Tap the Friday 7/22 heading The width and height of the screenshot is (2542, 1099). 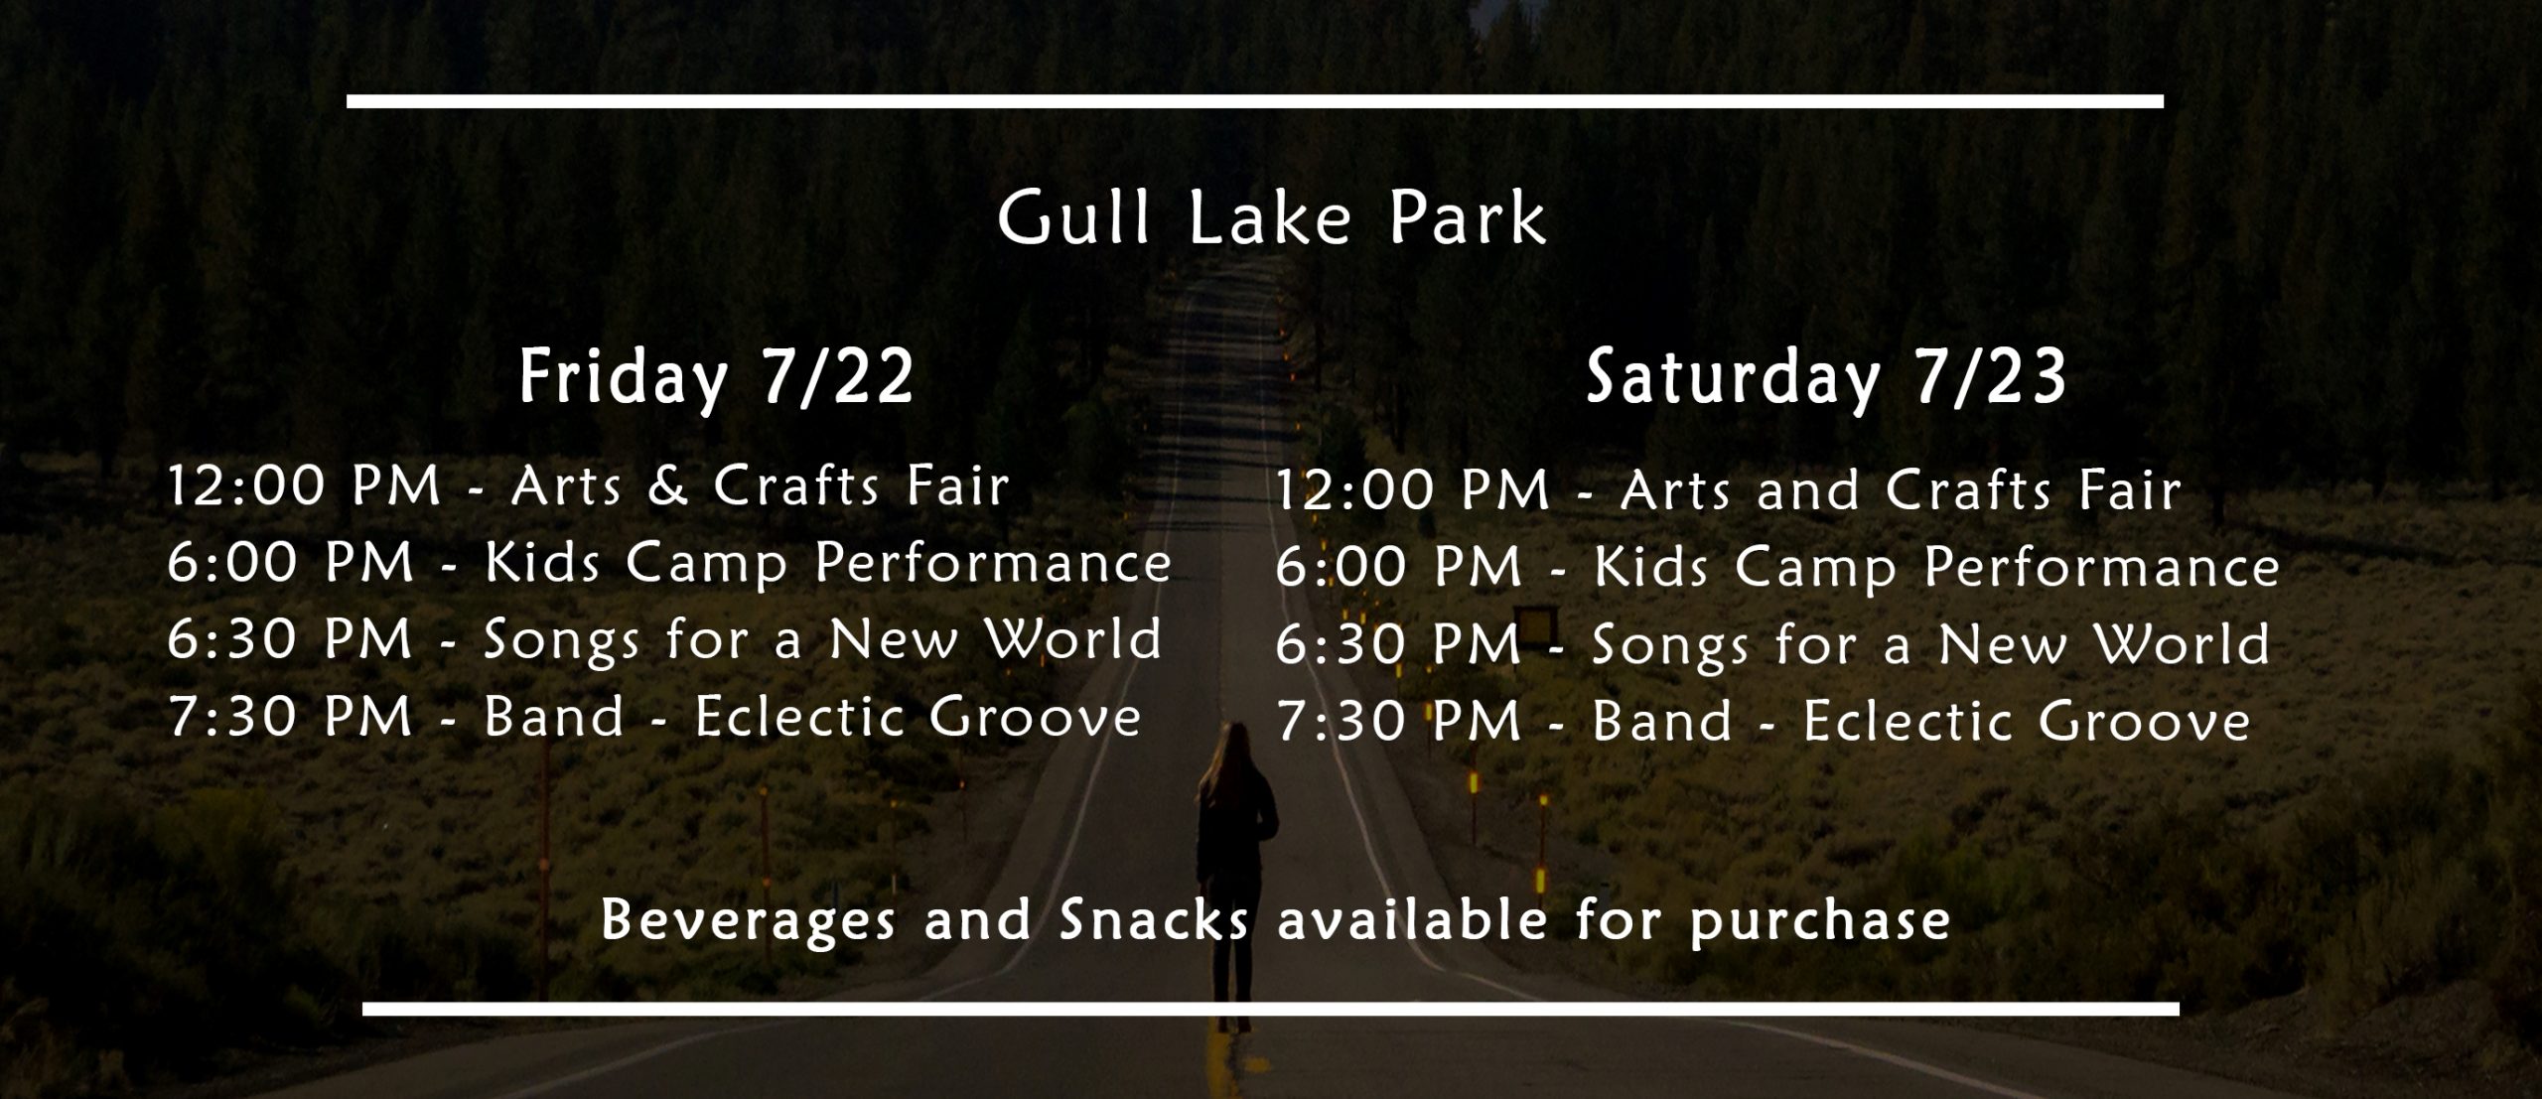[716, 378]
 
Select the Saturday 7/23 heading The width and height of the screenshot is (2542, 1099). [1825, 378]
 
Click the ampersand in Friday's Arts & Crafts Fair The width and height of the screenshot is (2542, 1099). [666, 485]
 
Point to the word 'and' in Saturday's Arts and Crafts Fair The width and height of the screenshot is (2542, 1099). [1807, 490]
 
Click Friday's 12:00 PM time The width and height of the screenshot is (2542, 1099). [304, 486]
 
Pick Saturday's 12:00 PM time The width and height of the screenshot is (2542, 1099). [1412, 490]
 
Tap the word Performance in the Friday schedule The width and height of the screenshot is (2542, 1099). [993, 564]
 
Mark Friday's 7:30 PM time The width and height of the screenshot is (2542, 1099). [290, 717]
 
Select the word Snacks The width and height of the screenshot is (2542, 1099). [1154, 919]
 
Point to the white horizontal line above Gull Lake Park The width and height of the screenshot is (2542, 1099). [1255, 101]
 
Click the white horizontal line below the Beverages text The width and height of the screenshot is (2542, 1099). [1271, 1009]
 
